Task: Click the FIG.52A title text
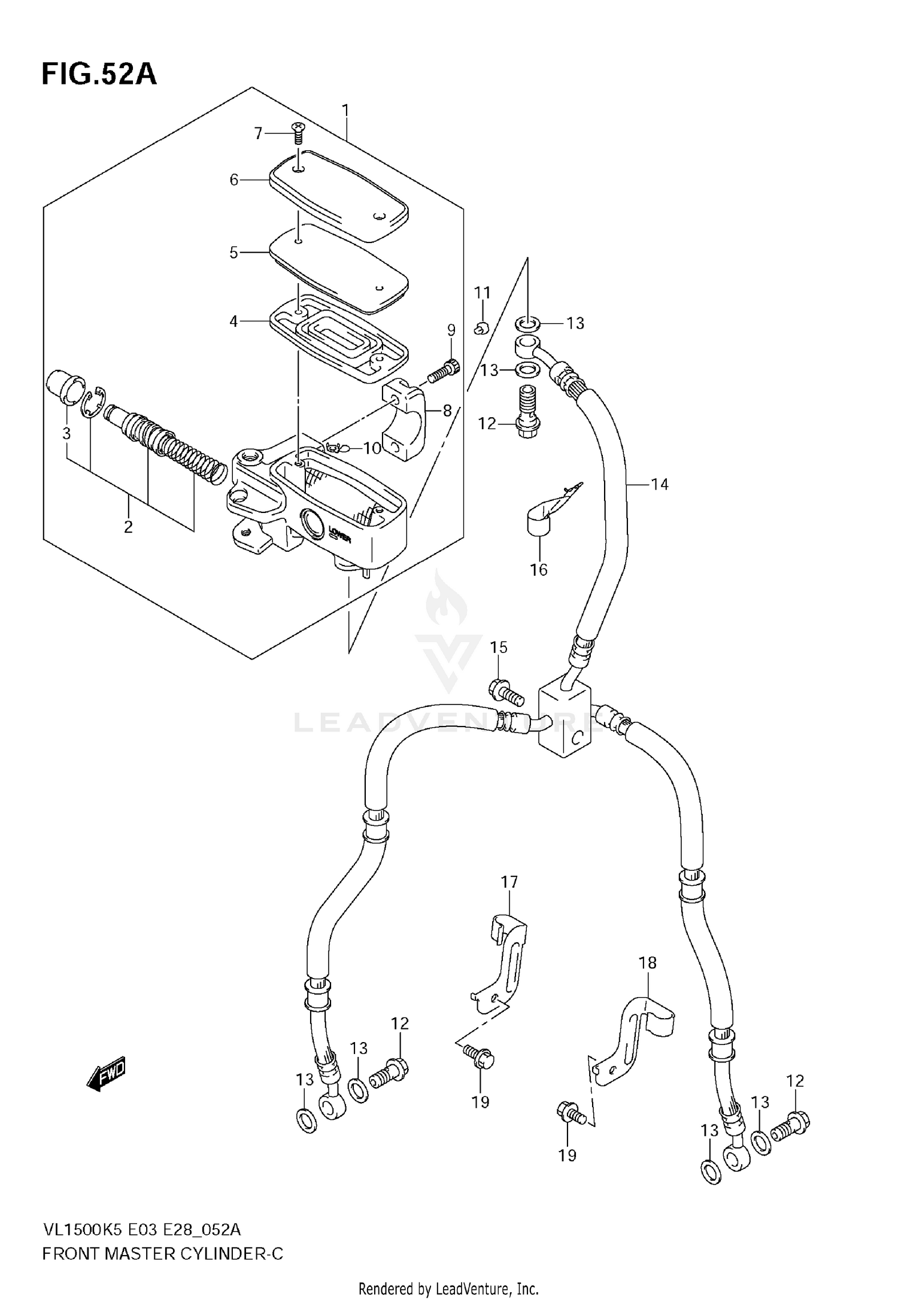tap(99, 75)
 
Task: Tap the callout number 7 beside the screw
tap(259, 133)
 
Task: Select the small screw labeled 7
tap(296, 132)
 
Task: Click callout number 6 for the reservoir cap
tap(234, 180)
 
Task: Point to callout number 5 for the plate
tap(234, 253)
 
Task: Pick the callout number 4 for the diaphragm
tap(234, 321)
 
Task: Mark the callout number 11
tap(482, 293)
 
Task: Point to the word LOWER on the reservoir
tap(339, 533)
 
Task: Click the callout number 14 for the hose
tap(659, 484)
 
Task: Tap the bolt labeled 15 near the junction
tap(506, 692)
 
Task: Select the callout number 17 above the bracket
tap(509, 882)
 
